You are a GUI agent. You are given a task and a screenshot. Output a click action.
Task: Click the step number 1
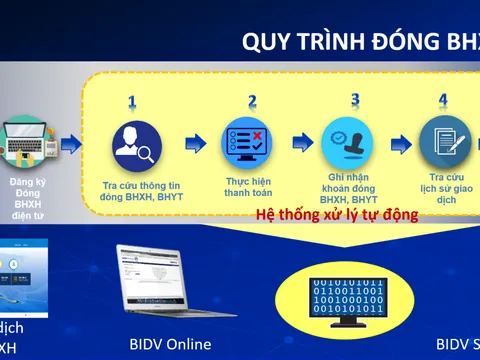tap(131, 102)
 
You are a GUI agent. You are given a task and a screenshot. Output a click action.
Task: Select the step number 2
tap(252, 101)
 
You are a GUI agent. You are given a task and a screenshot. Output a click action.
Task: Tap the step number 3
tap(354, 100)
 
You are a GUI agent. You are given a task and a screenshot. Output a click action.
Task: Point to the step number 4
tap(443, 100)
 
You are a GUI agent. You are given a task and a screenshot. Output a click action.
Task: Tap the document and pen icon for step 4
tap(444, 142)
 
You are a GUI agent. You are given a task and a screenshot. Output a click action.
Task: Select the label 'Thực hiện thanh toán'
tap(248, 187)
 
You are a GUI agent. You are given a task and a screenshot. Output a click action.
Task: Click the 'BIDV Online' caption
tap(170, 345)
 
